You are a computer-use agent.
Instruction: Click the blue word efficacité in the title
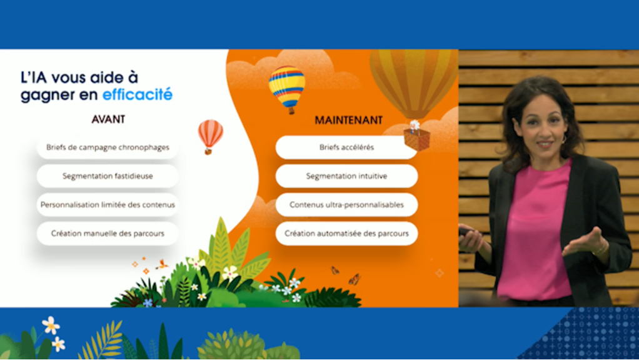pos(138,94)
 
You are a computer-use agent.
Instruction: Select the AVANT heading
pos(108,119)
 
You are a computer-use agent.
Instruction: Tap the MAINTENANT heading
pos(348,120)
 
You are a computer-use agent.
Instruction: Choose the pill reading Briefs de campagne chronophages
pos(108,147)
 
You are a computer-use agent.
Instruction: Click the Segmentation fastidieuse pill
pos(108,176)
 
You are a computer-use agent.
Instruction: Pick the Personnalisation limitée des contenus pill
pos(108,204)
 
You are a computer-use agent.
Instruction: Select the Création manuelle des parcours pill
pos(108,233)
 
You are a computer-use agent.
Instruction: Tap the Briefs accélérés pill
pos(346,147)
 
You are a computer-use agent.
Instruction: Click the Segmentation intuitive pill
pos(346,176)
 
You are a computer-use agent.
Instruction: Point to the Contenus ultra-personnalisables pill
pos(346,204)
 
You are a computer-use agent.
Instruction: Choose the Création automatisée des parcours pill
pos(346,233)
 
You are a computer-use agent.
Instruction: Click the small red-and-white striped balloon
pos(210,134)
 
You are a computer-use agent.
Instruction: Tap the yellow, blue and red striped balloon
pos(287,87)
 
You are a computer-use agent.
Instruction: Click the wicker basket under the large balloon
pos(416,139)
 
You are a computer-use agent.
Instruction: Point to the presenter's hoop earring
pos(565,139)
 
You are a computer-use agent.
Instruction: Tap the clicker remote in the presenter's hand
pos(465,232)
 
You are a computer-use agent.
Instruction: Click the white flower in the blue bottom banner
pos(51,325)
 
